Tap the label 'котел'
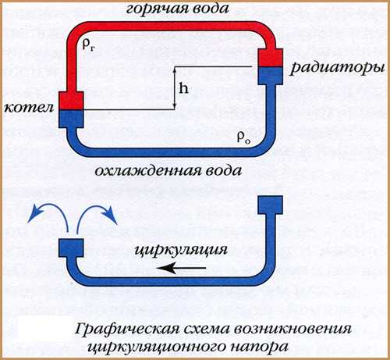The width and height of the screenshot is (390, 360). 29,107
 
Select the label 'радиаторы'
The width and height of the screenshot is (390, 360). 337,68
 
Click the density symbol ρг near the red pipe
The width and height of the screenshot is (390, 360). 88,45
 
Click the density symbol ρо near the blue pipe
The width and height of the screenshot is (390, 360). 243,137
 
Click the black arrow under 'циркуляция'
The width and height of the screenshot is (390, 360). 181,268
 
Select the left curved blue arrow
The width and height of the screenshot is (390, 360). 48,216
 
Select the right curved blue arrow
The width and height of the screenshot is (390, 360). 96,216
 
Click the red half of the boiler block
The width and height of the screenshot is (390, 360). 71,100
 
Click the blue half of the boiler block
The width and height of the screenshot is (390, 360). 71,119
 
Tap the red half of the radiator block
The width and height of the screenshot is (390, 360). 270,57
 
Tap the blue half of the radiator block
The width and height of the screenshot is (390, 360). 270,76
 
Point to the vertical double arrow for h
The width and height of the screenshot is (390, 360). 175,88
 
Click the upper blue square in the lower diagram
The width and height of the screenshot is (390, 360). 270,205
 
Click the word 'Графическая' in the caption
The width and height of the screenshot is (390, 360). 127,330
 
